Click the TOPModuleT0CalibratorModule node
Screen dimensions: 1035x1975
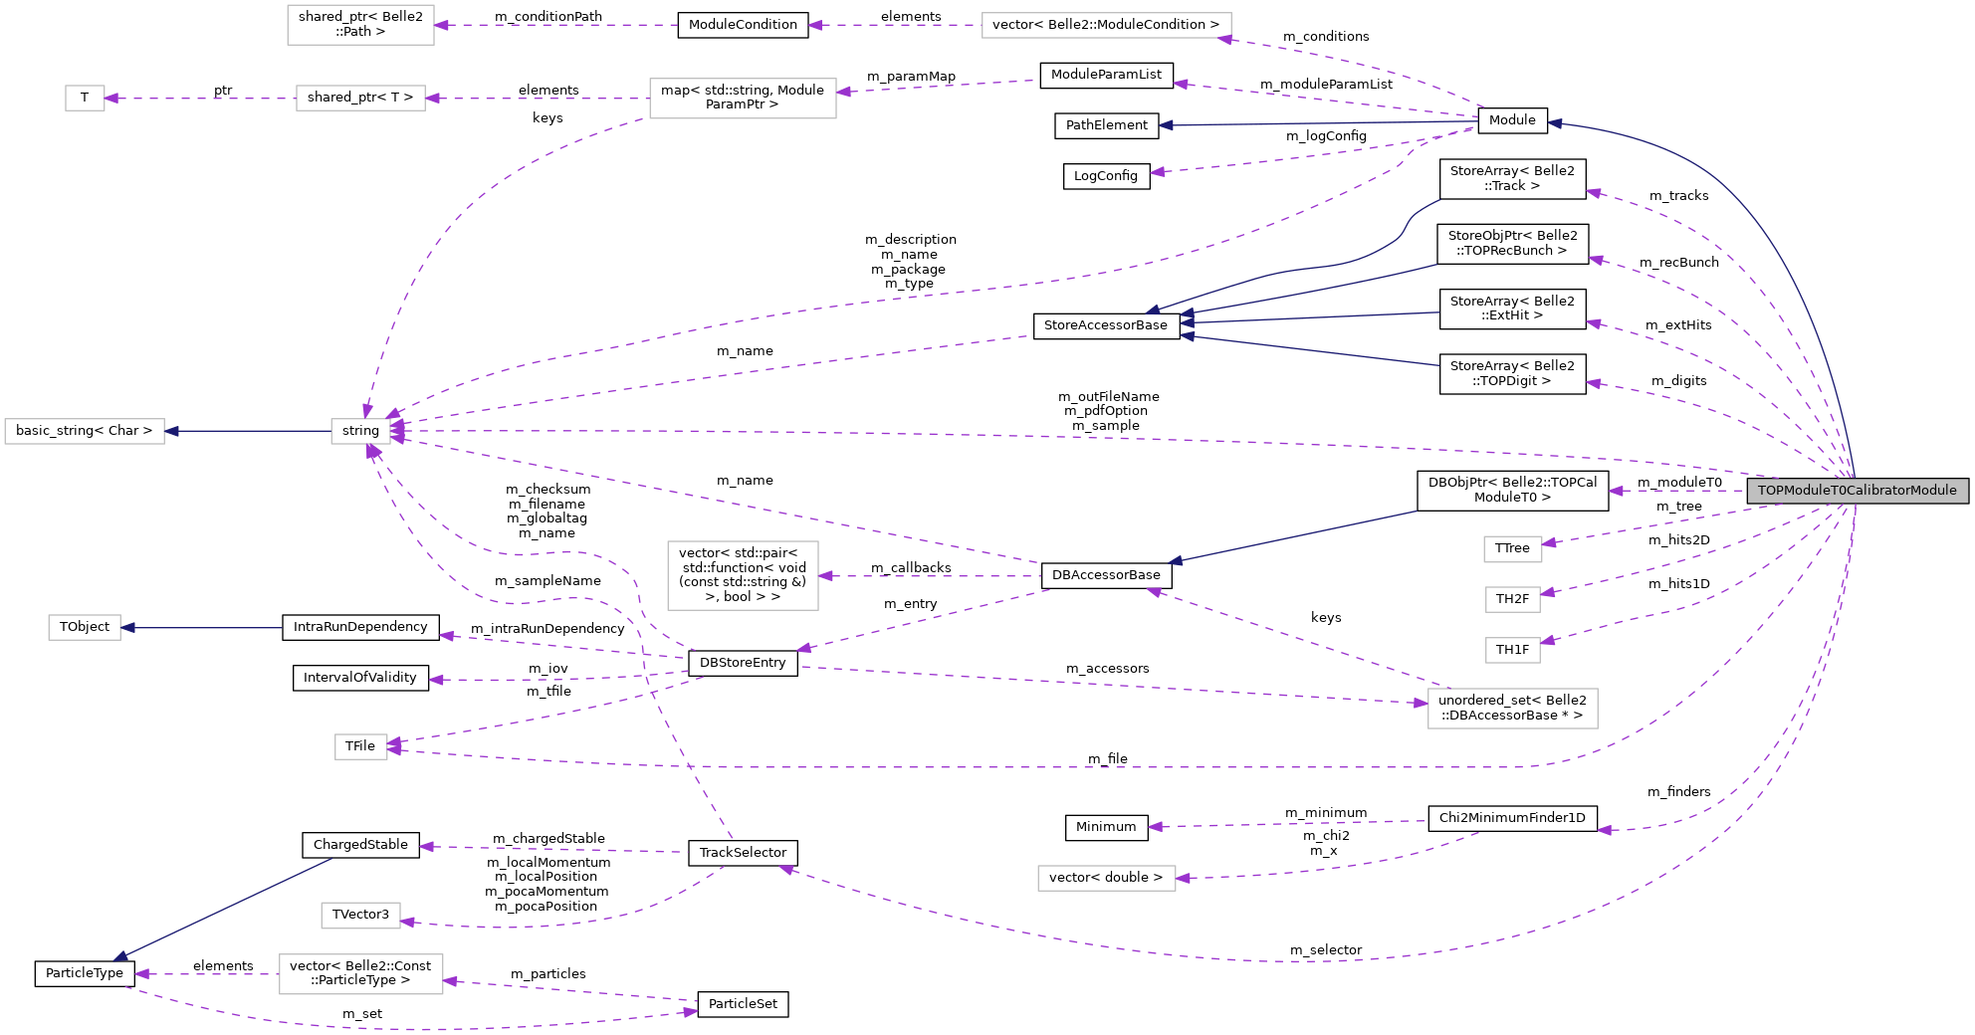pyautogui.click(x=1857, y=491)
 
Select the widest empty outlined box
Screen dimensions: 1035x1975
pyautogui.click(x=1106, y=26)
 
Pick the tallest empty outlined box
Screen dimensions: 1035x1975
pyautogui.click(x=743, y=575)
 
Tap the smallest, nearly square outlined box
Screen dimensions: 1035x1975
pyautogui.click(x=85, y=99)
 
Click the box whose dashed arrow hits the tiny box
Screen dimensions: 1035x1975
pyautogui.click(x=360, y=99)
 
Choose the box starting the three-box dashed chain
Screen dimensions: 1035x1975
pyautogui.click(x=743, y=99)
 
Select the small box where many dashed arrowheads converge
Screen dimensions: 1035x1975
pyautogui.click(x=360, y=431)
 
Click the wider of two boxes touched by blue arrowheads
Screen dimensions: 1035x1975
pyautogui.click(x=85, y=431)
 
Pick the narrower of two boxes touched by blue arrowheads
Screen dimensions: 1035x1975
pyautogui.click(x=85, y=628)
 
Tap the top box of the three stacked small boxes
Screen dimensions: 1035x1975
pyautogui.click(x=1512, y=549)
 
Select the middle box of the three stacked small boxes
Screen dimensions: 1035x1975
pyautogui.click(x=1512, y=599)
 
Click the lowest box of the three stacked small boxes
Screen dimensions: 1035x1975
pyautogui.click(x=1512, y=650)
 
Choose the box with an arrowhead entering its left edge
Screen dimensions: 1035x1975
pyautogui.click(x=1512, y=709)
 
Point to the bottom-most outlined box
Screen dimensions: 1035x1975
pyautogui.click(x=360, y=974)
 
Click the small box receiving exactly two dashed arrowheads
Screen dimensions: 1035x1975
pyautogui.click(x=361, y=746)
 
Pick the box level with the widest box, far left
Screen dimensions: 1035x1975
pyautogui.click(x=360, y=25)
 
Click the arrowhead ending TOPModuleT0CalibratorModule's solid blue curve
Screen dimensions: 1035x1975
pyautogui.click(x=1555, y=123)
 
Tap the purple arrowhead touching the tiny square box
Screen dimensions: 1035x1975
pyautogui.click(x=111, y=99)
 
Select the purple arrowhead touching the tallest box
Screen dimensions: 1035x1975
pyautogui.click(x=826, y=576)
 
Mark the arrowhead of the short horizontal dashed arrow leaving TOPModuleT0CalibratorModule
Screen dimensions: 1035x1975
pyautogui.click(x=1616, y=491)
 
